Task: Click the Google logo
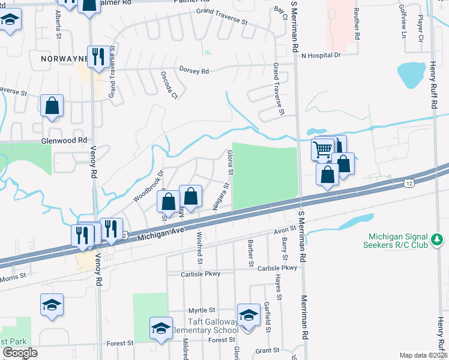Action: tap(19, 352)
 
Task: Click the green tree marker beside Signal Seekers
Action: tap(438, 240)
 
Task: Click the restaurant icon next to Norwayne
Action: tap(98, 57)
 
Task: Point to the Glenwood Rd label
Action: tap(61, 140)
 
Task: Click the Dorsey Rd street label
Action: tap(194, 71)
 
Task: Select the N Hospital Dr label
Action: tap(321, 55)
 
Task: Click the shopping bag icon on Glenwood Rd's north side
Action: tap(52, 106)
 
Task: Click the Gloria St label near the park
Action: tap(230, 163)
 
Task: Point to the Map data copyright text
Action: tap(423, 355)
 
